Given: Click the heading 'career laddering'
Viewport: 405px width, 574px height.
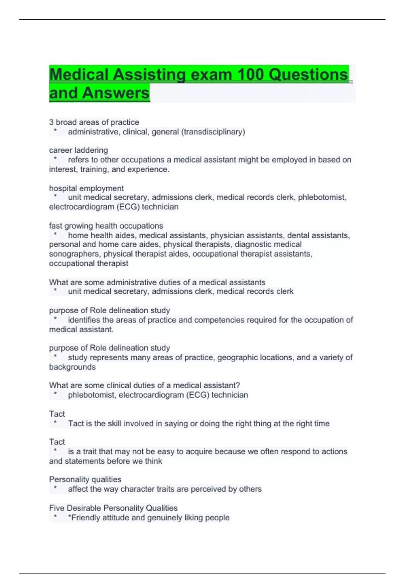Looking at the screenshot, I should coord(78,150).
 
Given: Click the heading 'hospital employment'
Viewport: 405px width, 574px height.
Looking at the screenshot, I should coord(86,188).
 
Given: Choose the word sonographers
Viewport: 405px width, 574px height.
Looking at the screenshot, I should coord(75,254).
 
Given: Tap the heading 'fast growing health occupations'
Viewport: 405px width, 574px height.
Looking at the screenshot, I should coord(106,226).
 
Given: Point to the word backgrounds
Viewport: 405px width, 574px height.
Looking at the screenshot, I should coord(72,367).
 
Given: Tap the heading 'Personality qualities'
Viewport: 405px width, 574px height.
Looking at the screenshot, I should coord(85,479).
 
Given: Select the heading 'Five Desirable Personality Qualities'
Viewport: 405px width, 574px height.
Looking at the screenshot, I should coord(113,508).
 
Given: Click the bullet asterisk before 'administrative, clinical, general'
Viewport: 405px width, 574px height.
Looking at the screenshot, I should coord(55,131).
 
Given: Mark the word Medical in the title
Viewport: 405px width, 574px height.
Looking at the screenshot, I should coord(79,74).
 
